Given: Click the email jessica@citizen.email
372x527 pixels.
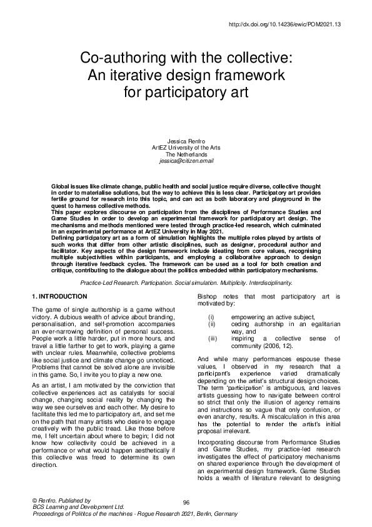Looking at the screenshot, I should (x=186, y=161).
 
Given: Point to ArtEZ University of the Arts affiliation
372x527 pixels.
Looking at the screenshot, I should (x=186, y=148).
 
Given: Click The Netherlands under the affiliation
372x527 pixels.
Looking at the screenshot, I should (x=186, y=154).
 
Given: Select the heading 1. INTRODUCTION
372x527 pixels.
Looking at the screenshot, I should (x=59, y=295).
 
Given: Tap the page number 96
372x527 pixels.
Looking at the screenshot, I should (x=186, y=503).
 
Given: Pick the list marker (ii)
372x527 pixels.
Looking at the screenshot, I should (x=211, y=324).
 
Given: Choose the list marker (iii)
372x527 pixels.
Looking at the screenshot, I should (x=212, y=339).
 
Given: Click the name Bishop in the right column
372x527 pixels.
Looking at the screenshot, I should (x=207, y=295).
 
